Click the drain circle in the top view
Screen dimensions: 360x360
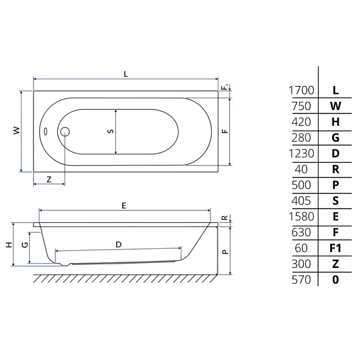(x=65, y=132)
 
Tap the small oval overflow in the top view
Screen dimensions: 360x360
(x=46, y=132)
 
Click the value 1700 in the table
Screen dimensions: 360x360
(x=301, y=90)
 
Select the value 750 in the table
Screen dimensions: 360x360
(x=301, y=106)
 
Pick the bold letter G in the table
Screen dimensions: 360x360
(x=336, y=138)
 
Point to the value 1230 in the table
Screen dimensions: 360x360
(x=301, y=154)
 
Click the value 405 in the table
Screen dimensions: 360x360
(x=301, y=201)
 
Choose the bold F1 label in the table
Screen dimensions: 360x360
(x=336, y=248)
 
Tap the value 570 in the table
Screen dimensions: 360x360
(x=301, y=280)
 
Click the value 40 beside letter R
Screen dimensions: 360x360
(x=301, y=170)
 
